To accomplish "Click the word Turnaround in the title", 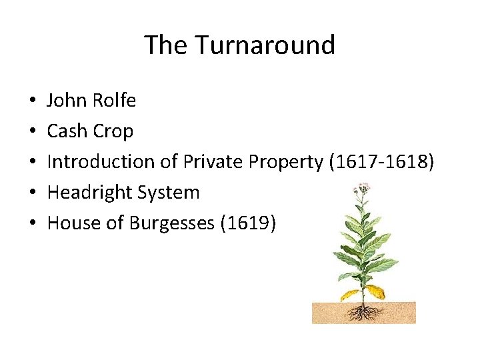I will [x=265, y=45].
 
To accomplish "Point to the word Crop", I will [x=113, y=132].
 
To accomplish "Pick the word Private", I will [x=213, y=161].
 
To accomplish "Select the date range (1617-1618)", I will [x=381, y=162].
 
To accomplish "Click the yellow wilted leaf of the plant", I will [x=375, y=291].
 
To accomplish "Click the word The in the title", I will [x=166, y=45].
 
